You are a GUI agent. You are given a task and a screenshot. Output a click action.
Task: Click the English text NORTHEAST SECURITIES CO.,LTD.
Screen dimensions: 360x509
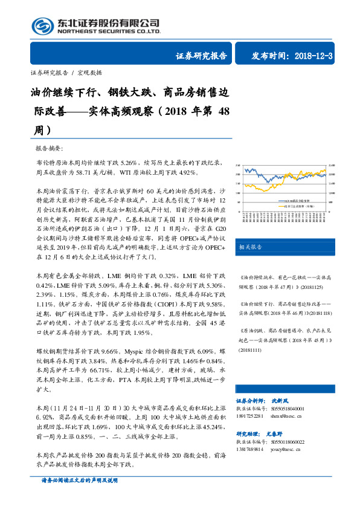[x=108, y=31]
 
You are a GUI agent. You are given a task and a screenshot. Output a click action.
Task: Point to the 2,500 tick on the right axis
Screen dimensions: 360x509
[x=330, y=166]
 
